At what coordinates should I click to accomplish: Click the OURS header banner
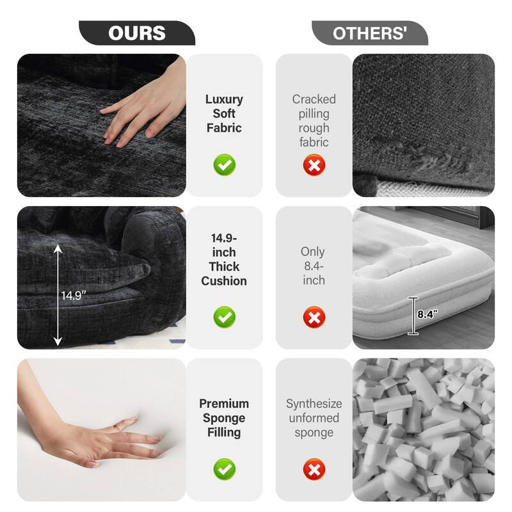click(137, 33)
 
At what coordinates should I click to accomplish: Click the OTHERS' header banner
click(370, 33)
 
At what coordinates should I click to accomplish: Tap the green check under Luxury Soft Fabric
click(224, 165)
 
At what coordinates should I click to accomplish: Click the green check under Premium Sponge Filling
click(224, 470)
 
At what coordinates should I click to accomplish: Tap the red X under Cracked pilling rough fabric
click(314, 165)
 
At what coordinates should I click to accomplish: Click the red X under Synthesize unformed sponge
click(314, 470)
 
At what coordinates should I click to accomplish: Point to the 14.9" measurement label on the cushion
click(75, 296)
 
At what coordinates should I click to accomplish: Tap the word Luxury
click(224, 99)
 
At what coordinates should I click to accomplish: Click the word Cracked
click(314, 99)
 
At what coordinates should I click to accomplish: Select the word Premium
click(224, 404)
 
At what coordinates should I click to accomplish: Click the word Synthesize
click(314, 404)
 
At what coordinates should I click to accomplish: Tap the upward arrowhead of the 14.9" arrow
click(58, 248)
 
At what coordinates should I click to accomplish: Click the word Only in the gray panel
click(313, 252)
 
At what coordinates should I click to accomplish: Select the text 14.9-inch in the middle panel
click(224, 245)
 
